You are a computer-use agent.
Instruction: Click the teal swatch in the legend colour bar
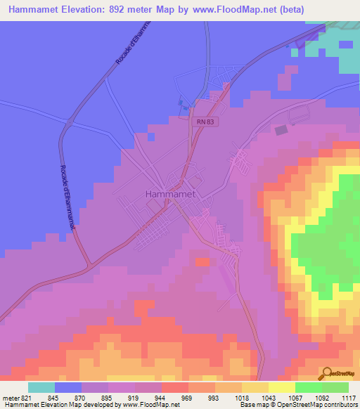(41, 387)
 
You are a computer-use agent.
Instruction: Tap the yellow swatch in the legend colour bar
(282, 387)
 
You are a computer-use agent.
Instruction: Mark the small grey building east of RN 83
(281, 130)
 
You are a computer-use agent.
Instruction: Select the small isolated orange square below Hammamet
(202, 262)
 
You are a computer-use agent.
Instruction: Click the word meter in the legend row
(10, 398)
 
